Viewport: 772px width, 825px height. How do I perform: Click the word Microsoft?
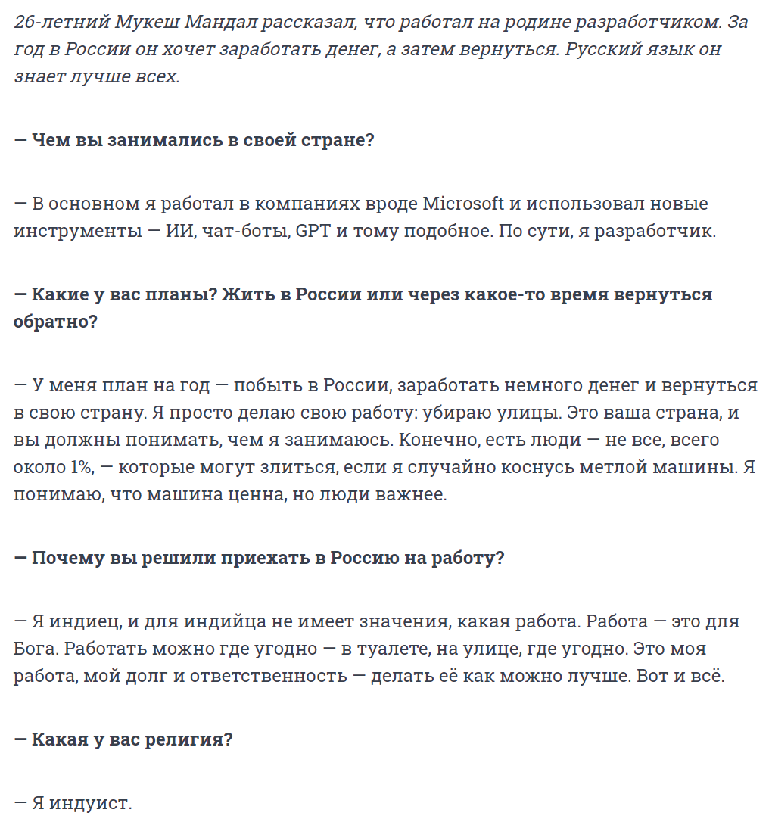coord(463,204)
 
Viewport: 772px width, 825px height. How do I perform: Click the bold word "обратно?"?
coord(55,322)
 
